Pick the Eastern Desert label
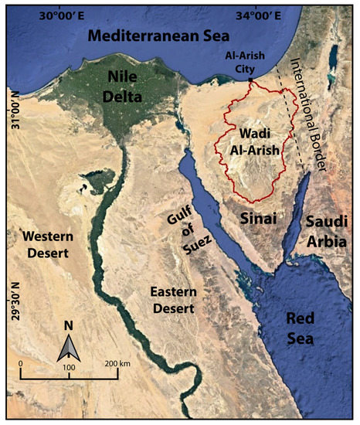click(174, 301)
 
